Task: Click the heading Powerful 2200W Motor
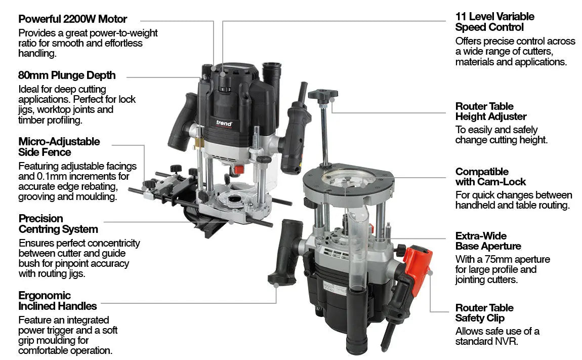click(x=72, y=19)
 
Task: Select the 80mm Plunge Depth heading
click(x=67, y=75)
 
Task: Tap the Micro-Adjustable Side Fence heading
click(x=59, y=146)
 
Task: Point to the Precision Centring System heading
click(x=58, y=224)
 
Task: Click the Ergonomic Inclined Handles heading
click(x=57, y=301)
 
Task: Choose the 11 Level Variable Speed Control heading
click(x=494, y=22)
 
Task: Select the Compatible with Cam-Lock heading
click(x=490, y=177)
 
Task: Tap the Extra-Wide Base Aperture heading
click(x=488, y=241)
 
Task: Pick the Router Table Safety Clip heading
click(x=484, y=313)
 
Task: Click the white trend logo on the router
click(x=224, y=123)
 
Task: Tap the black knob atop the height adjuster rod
click(x=322, y=94)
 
